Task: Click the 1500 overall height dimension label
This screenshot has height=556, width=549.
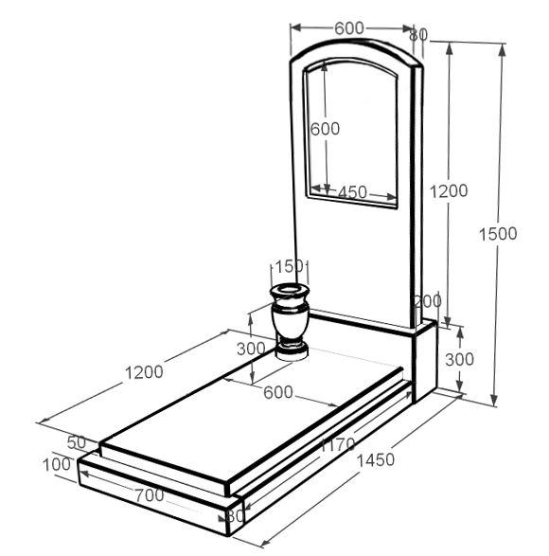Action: [498, 234]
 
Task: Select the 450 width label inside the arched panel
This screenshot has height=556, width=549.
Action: [352, 192]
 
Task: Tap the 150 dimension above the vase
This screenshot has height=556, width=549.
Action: [290, 266]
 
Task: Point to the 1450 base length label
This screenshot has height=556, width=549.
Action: [376, 460]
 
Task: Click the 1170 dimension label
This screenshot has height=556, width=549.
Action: [338, 444]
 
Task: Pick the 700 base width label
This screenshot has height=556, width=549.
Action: [150, 495]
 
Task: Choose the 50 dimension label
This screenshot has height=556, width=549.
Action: [77, 442]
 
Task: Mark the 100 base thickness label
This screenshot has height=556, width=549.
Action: [57, 464]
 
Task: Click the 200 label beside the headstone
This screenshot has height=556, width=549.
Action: [428, 301]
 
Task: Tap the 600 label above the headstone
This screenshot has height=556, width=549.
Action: [349, 28]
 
